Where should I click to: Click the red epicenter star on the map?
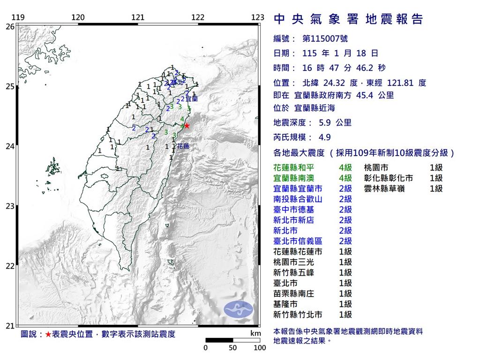tap(187, 126)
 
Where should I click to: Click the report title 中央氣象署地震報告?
tap(348, 19)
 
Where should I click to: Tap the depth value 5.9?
tap(326, 123)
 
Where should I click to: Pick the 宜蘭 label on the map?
tap(192, 99)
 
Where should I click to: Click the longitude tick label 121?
tap(138, 18)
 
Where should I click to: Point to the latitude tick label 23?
tap(9, 206)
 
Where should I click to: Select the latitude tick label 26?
tap(9, 27)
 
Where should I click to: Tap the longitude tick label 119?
tap(18, 18)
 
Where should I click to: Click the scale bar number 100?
tap(260, 348)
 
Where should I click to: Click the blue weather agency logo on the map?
tap(238, 308)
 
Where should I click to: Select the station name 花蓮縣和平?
tap(293, 167)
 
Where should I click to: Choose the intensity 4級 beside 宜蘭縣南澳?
tap(345, 178)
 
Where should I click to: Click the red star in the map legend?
tap(48, 335)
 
